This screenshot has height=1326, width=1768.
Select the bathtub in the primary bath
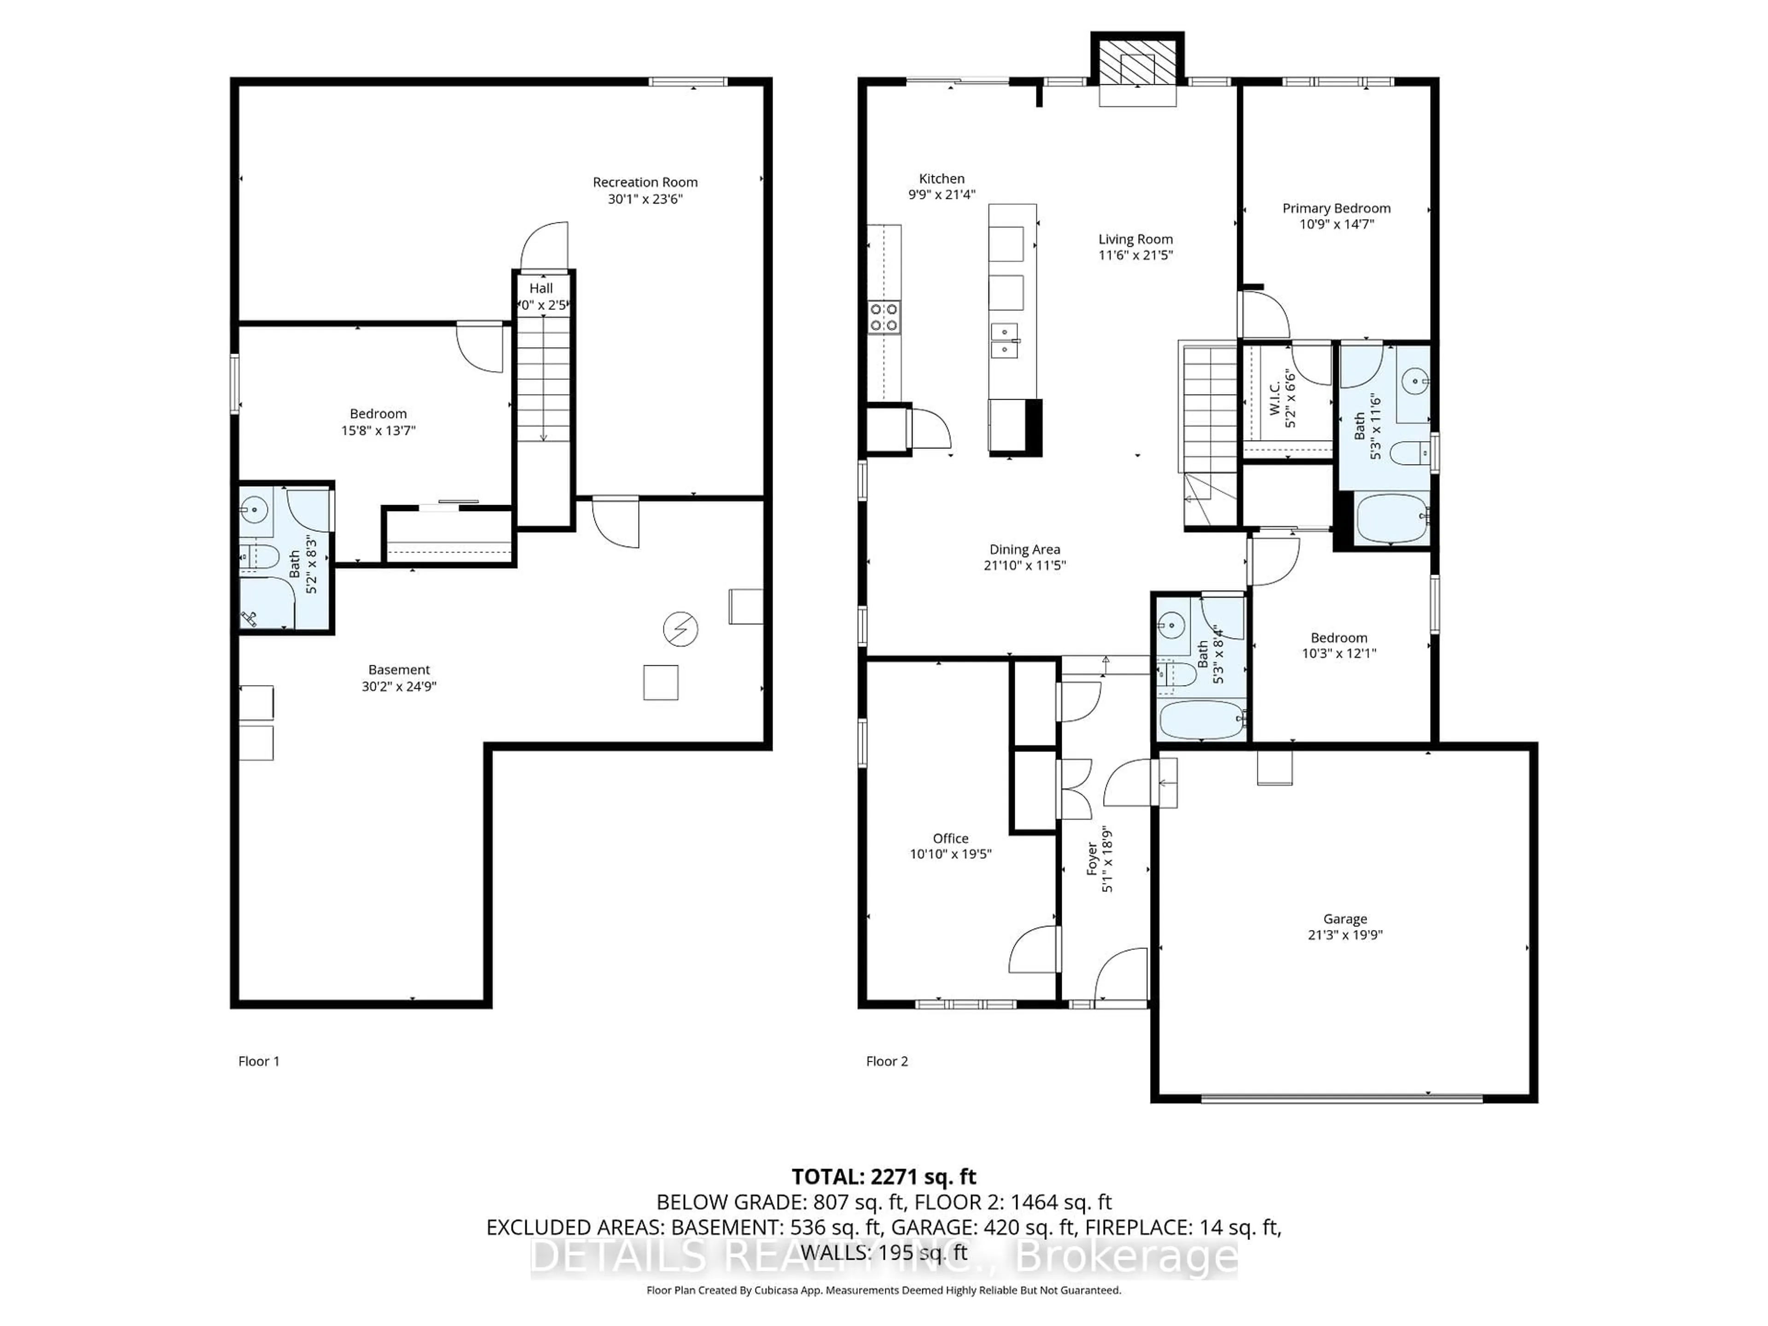(x=1391, y=518)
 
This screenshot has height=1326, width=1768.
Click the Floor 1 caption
(x=258, y=1061)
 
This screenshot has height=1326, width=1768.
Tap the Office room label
(x=950, y=838)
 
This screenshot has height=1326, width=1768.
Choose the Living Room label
(x=1135, y=239)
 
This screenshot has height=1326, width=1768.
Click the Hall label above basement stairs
(x=541, y=289)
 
